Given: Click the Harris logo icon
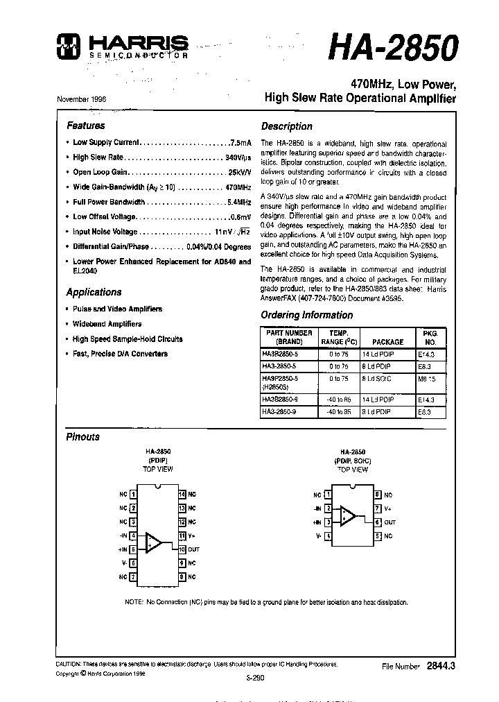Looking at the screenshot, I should coord(71,45).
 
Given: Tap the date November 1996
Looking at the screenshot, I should coord(81,99).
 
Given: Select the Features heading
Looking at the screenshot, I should coord(85,126).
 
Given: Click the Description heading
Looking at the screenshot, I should coord(286,126).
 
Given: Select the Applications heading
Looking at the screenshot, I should coord(94,292).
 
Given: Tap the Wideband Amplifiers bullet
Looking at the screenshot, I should coord(107,324).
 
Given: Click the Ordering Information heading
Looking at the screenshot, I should coord(306,315).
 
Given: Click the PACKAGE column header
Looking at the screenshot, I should coord(387,342).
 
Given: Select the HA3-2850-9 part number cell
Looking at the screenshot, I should coord(279,411).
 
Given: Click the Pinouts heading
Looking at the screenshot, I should coord(82,437).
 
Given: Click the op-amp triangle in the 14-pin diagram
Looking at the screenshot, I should coord(153,542).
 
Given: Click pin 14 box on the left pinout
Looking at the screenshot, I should coord(182,495).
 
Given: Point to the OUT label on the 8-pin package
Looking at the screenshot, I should coord(390,522).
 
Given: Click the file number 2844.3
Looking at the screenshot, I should coord(439,666).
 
